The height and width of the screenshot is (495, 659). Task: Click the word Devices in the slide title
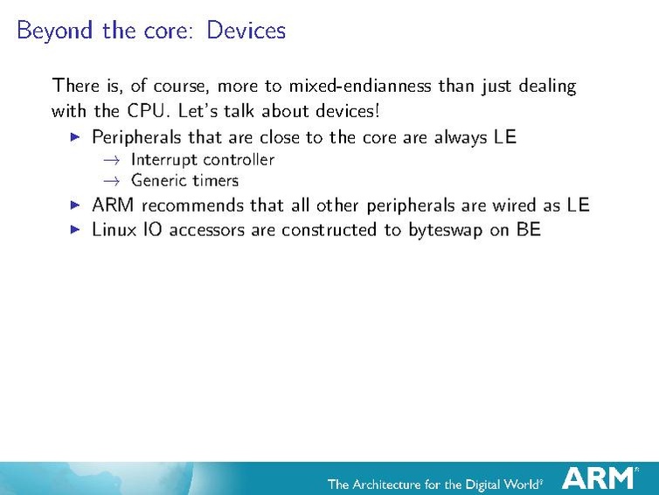[x=246, y=31]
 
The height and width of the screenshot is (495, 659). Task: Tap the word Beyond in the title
[x=54, y=31]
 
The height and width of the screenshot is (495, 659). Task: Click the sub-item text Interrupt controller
[x=202, y=159]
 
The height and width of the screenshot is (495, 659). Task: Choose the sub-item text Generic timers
[x=184, y=181]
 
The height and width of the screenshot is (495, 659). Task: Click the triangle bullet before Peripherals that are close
[x=75, y=137]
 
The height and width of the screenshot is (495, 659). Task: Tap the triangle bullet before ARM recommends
[x=75, y=206]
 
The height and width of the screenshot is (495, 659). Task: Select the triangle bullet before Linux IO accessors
[x=75, y=230]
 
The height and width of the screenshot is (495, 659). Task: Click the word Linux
[x=114, y=230]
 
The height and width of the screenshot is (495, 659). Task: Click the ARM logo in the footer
[x=599, y=478]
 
